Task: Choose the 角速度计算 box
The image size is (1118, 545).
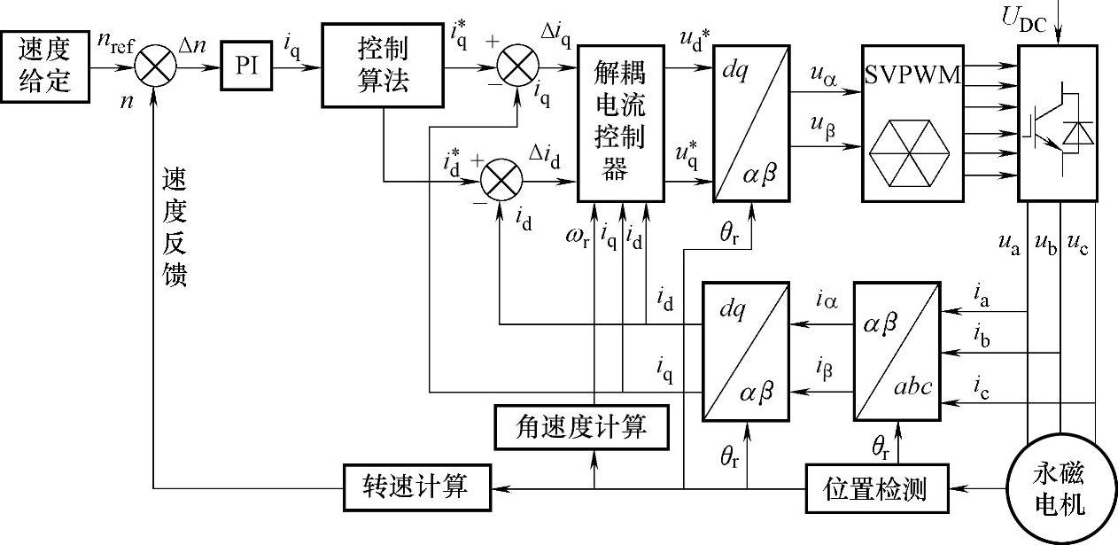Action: pyautogui.click(x=580, y=428)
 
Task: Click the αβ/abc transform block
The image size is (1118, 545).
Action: pyautogui.click(x=897, y=350)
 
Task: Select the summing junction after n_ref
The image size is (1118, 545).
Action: pyautogui.click(x=156, y=67)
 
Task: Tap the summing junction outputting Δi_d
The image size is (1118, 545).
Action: pyautogui.click(x=501, y=184)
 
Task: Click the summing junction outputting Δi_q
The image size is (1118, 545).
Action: pyautogui.click(x=518, y=67)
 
